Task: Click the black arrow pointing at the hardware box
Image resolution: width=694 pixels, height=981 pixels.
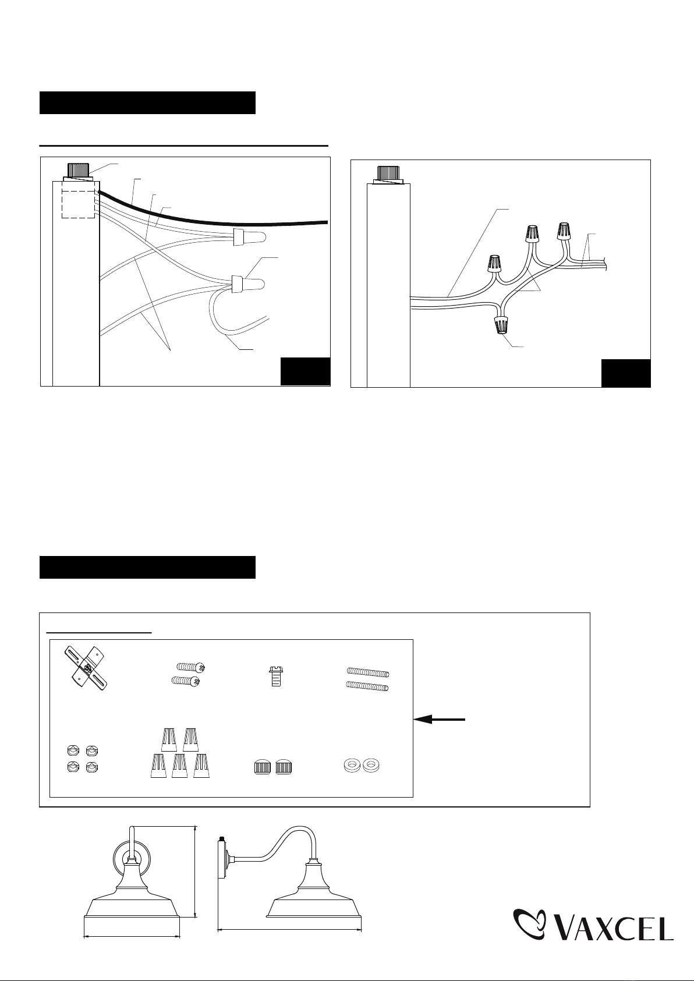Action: [x=439, y=718]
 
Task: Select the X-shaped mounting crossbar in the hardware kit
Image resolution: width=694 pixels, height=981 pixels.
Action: [x=87, y=668]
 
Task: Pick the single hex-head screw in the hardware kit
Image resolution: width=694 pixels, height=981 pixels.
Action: [x=276, y=676]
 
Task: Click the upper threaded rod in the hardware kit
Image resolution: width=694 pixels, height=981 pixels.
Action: [x=368, y=671]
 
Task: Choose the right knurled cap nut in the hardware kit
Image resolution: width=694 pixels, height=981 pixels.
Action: [x=284, y=767]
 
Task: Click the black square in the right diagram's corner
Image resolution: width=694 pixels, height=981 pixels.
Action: [x=626, y=373]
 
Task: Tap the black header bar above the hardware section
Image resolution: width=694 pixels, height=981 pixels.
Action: [x=147, y=567]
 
